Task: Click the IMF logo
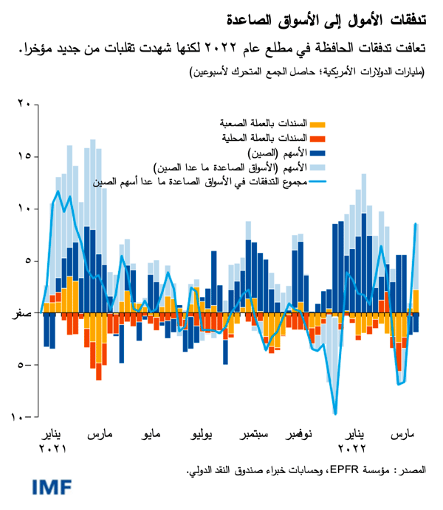click(52, 487)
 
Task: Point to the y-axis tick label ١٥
click(24, 157)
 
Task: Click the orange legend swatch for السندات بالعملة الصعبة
click(317, 123)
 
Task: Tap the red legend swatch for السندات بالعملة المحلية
click(317, 139)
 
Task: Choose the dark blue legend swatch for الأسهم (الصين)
click(317, 153)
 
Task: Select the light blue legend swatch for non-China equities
click(317, 168)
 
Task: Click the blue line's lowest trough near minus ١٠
click(335, 414)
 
